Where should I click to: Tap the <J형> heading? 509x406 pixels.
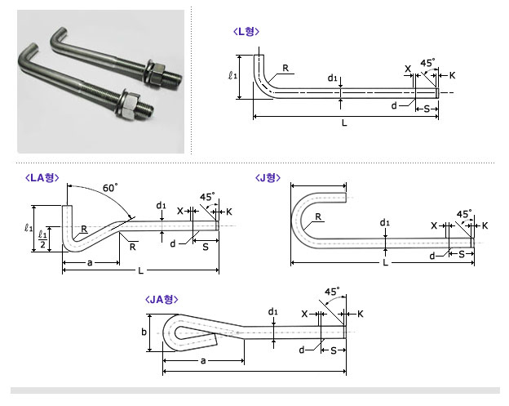pos(268,176)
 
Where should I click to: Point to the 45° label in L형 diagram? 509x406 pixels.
pos(427,63)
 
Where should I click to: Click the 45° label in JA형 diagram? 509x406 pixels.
pos(331,291)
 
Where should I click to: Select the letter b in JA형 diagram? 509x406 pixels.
pos(143,332)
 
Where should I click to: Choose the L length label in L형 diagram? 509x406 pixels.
pos(344,123)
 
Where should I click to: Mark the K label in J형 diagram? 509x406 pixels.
pos(485,225)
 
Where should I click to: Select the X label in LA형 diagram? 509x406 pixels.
pos(180,211)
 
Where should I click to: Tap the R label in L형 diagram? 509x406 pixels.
pos(285,69)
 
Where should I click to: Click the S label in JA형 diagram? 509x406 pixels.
pos(333,350)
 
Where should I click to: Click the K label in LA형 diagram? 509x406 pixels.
pos(228,211)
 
